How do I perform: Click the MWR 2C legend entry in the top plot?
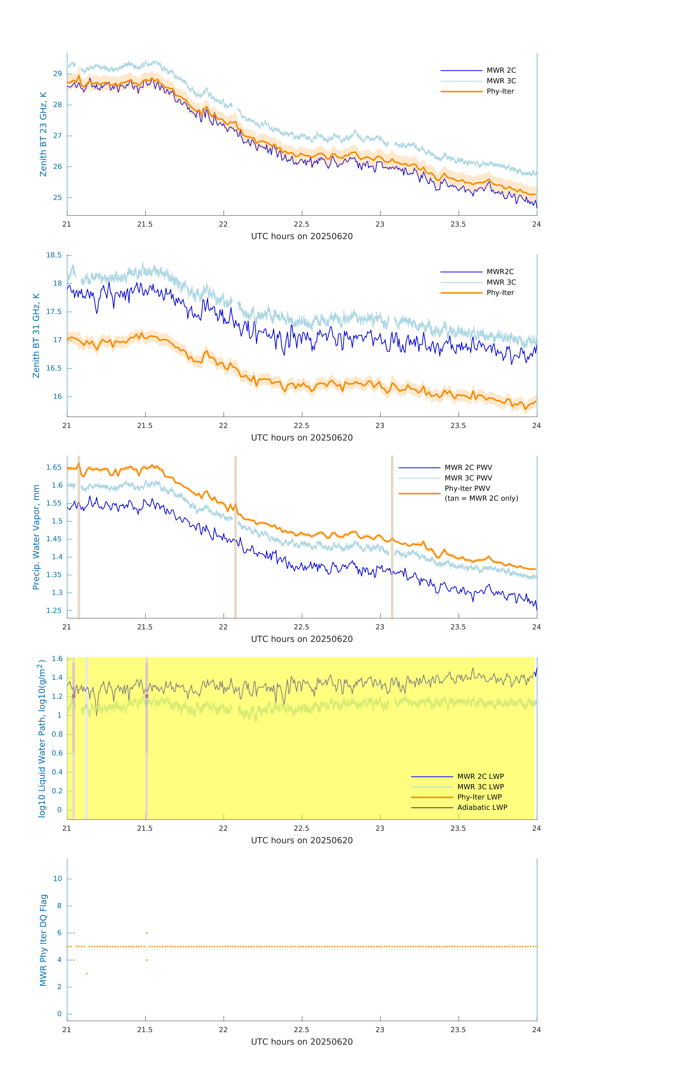pyautogui.click(x=501, y=71)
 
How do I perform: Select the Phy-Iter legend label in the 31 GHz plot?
pyautogui.click(x=500, y=293)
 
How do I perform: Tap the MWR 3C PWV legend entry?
pyautogui.click(x=468, y=478)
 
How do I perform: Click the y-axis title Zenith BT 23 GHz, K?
pyautogui.click(x=43, y=134)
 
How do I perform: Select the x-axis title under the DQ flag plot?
pyautogui.click(x=302, y=1042)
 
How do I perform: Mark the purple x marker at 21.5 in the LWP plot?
pyautogui.click(x=147, y=696)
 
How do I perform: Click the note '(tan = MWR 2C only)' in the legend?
pyautogui.click(x=481, y=499)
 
